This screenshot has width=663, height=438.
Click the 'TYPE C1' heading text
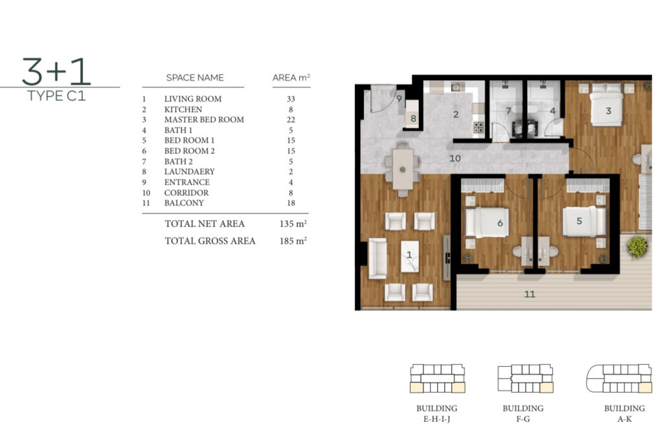(56, 96)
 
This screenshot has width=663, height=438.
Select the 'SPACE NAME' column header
(195, 78)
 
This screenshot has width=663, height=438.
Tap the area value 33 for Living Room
(291, 99)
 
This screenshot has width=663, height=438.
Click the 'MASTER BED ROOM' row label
(204, 120)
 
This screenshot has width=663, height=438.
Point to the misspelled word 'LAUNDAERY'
(190, 171)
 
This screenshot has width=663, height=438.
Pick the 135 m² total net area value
(293, 223)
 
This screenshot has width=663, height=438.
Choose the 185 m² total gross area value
(293, 241)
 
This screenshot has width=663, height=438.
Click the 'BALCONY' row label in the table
(184, 203)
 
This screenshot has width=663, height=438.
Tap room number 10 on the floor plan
(455, 159)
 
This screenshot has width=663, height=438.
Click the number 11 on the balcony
(530, 294)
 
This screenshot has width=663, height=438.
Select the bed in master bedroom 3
(607, 105)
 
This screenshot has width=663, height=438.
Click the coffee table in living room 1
(410, 256)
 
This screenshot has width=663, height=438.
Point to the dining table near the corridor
(403, 170)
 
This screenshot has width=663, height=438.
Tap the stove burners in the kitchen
(478, 127)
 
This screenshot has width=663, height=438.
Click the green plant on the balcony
(637, 246)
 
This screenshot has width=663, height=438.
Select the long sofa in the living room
(377, 259)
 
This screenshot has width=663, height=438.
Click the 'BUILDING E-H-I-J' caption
(437, 413)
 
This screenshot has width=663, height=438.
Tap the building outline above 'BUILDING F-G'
(525, 378)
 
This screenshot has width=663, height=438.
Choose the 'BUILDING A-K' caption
(625, 413)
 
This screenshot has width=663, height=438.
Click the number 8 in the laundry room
(413, 118)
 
